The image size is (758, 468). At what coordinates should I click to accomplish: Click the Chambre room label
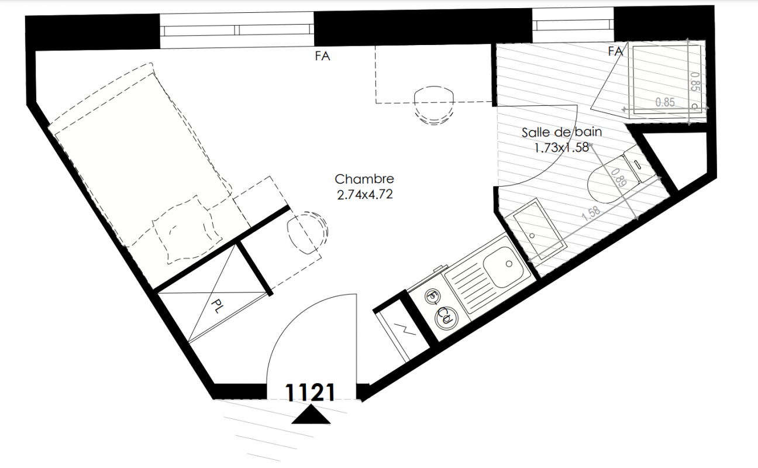click(x=364, y=179)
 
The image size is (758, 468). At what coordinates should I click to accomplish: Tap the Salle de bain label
click(x=561, y=132)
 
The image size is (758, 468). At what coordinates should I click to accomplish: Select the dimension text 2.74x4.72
click(x=365, y=195)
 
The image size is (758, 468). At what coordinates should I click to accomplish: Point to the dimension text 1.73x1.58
click(x=561, y=147)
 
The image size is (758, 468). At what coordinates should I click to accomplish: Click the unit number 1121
click(x=310, y=393)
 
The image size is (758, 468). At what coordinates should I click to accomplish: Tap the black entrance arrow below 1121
click(x=311, y=415)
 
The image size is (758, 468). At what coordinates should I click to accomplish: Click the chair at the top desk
click(x=433, y=105)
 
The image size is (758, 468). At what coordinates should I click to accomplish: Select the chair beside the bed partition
click(x=307, y=233)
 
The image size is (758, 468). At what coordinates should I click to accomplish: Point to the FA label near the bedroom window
click(x=322, y=56)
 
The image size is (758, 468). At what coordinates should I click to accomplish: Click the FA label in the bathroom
click(x=615, y=51)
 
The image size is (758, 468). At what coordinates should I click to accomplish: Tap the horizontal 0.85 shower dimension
click(x=665, y=102)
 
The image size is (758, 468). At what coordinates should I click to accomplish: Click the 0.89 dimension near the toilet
click(x=619, y=178)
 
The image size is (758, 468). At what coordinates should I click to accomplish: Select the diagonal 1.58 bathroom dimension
click(x=591, y=214)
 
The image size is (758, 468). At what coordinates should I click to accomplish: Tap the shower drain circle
click(x=695, y=106)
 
